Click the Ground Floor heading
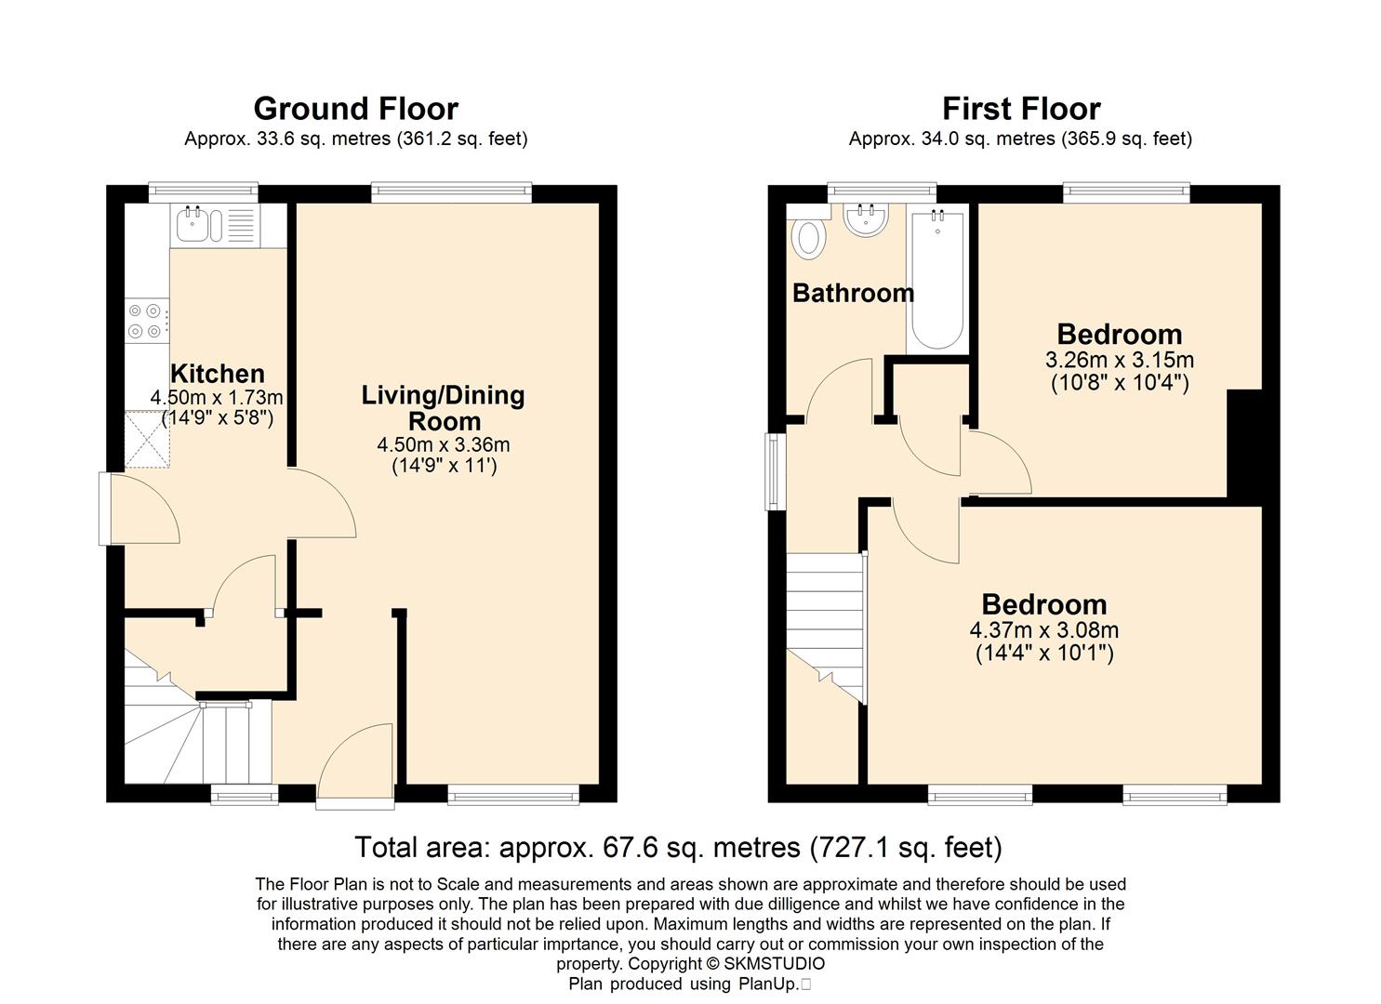pos(356,109)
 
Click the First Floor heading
pos(1021,109)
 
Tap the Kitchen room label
pos(218,374)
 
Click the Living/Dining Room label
pos(443,408)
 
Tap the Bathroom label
pos(853,293)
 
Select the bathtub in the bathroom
pos(937,279)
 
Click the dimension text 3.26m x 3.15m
pos(1119,360)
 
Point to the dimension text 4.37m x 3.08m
pos(1043,630)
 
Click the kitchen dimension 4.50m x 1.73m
pos(217,397)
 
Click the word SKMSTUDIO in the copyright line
pos(774,963)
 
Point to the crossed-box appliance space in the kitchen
pos(147,440)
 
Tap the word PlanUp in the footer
pos(768,984)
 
